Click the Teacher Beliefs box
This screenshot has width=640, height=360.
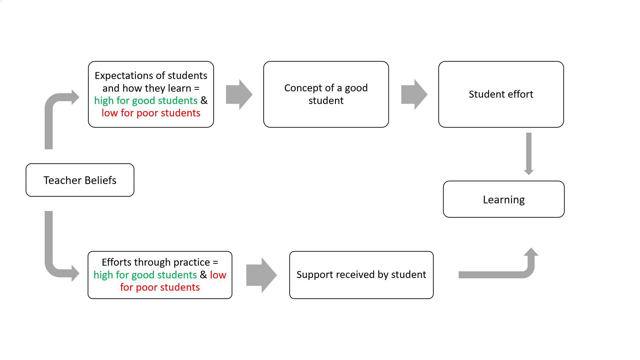click(x=80, y=180)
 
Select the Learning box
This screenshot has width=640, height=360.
click(x=504, y=199)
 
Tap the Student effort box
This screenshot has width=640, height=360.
click(x=501, y=94)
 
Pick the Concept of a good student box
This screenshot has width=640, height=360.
click(x=326, y=94)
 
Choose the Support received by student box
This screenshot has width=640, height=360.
click(x=361, y=275)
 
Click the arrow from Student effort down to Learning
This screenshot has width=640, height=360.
click(x=529, y=154)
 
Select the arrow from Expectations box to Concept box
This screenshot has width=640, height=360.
click(x=239, y=95)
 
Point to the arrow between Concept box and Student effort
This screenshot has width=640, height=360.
click(x=414, y=95)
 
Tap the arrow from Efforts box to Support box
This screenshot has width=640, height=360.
click(x=261, y=275)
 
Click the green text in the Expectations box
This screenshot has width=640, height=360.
click(x=146, y=101)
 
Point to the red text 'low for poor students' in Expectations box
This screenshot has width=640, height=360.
click(x=151, y=113)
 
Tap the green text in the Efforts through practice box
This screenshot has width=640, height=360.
click(x=145, y=275)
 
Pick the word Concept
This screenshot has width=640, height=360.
click(x=303, y=88)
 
